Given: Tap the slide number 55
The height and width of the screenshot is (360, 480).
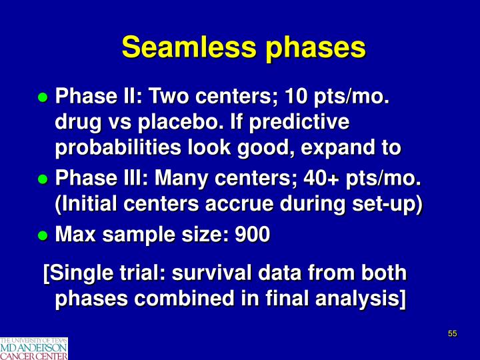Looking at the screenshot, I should click(452, 334).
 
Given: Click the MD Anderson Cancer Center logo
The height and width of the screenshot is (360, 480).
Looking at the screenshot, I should click(34, 348).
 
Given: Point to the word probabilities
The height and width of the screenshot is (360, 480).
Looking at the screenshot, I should click(112, 149).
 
